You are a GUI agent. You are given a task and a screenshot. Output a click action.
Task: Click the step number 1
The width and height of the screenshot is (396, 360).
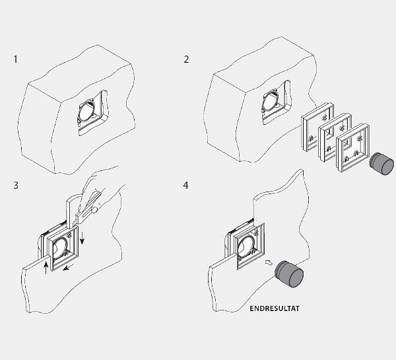pos(16,59)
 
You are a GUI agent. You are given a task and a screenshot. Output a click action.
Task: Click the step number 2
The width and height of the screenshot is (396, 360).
pos(186,59)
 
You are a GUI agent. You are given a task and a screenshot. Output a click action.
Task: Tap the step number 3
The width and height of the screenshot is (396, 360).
pos(16,186)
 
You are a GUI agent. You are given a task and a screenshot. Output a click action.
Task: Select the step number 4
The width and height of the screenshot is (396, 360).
pos(185,186)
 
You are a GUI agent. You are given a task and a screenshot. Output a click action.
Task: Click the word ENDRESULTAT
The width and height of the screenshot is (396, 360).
pos(275,308)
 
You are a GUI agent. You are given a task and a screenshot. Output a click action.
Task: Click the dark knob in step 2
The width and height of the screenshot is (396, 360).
pos(381,163)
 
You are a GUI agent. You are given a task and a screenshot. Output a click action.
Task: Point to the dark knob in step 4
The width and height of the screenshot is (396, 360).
pos(289,274)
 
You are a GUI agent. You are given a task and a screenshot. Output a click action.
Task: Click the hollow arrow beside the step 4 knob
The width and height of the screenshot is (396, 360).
pos(269,263)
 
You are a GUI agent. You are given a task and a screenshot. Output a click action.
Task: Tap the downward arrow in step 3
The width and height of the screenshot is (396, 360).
pos(82,238)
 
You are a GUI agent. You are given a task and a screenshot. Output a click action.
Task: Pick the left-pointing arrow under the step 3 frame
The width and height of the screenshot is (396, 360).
pos(69,267)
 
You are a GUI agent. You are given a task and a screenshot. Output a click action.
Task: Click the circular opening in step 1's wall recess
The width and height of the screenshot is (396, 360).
pos(85,112)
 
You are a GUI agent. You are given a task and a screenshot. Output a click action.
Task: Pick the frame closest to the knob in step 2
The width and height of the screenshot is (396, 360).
pos(352,148)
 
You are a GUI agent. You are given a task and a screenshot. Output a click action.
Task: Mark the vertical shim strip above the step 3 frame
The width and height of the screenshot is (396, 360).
pos(69,213)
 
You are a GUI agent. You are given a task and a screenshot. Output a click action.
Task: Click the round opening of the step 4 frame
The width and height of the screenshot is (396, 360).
pos(246,246)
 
